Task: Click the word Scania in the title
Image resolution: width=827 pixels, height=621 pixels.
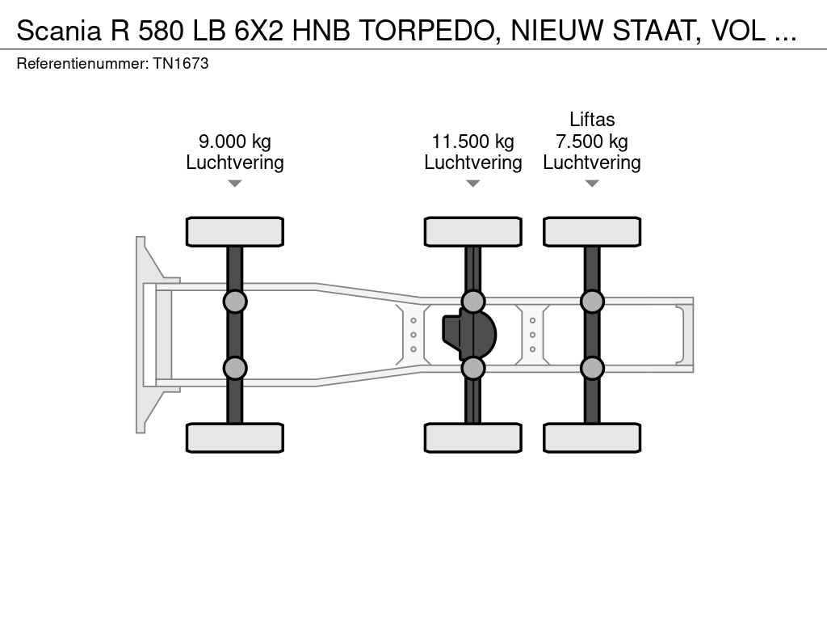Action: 58,31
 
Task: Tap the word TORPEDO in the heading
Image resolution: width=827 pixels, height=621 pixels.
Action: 427,31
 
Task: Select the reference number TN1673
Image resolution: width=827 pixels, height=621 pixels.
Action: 181,63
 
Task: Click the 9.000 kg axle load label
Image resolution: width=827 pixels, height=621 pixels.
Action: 235,142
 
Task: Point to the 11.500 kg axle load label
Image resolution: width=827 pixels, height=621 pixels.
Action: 473,142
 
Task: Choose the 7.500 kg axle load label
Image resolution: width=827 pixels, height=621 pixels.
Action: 592,142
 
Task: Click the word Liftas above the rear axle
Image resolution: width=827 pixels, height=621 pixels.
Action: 592,120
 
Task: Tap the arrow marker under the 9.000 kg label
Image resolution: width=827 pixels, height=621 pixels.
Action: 235,184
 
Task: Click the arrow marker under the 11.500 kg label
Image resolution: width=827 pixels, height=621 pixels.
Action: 473,184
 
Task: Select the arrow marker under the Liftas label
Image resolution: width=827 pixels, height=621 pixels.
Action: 592,184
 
